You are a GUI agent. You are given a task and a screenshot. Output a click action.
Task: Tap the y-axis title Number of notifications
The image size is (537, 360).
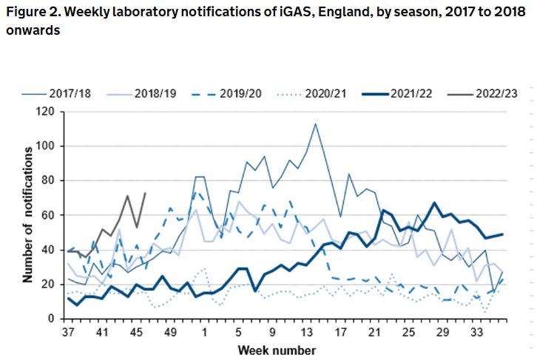tap(28, 214)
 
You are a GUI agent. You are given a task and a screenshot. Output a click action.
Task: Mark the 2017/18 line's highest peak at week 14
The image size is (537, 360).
tap(315, 123)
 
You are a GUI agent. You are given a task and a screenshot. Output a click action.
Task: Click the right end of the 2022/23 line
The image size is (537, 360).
tap(145, 193)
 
